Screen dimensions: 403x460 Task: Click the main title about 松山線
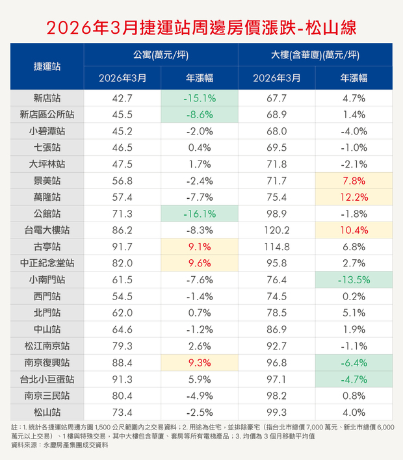pyautogui.click(x=201, y=28)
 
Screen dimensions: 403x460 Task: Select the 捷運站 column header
pyautogui.click(x=47, y=66)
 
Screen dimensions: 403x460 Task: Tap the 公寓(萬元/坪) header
pyautogui.click(x=161, y=55)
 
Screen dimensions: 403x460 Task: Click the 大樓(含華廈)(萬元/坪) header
pyautogui.click(x=315, y=55)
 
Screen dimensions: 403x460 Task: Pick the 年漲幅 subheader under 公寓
pyautogui.click(x=200, y=78)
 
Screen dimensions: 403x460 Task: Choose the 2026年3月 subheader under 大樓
pyautogui.click(x=277, y=78)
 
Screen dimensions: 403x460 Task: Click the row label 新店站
pyautogui.click(x=47, y=98)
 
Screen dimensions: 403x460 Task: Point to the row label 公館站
pyautogui.click(x=47, y=214)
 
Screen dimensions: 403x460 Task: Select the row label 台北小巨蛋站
pyautogui.click(x=47, y=379)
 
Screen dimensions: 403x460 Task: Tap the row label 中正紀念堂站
pyautogui.click(x=47, y=263)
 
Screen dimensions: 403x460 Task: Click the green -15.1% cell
pyautogui.click(x=200, y=98)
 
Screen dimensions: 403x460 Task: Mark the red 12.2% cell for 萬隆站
pyautogui.click(x=354, y=197)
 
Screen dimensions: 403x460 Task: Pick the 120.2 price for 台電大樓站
pyautogui.click(x=277, y=230)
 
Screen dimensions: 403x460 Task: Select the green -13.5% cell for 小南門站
pyautogui.click(x=354, y=280)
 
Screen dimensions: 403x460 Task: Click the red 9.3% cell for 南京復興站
pyautogui.click(x=200, y=363)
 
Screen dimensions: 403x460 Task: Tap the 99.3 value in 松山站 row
pyautogui.click(x=277, y=413)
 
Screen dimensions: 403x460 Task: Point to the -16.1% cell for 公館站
pyautogui.click(x=200, y=214)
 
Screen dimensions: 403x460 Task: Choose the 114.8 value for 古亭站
pyautogui.click(x=277, y=247)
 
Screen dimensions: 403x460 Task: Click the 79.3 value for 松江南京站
pyautogui.click(x=122, y=346)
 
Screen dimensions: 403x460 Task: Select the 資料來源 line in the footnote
pyautogui.click(x=60, y=445)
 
